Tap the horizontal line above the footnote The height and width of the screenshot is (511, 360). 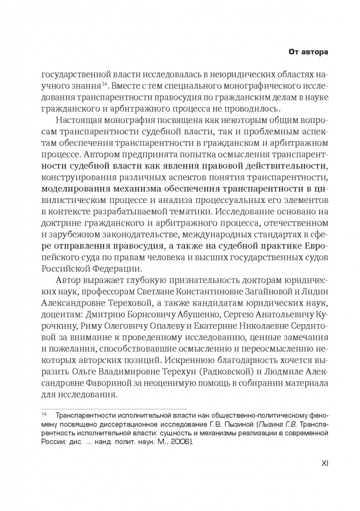click(x=114, y=407)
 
